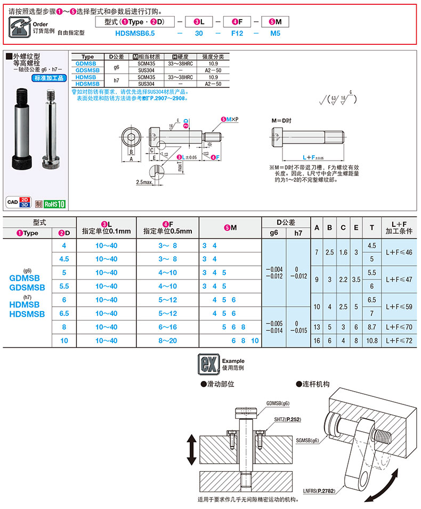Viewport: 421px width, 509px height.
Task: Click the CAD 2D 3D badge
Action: coord(19,202)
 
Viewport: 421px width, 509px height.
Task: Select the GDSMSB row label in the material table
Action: coord(87,70)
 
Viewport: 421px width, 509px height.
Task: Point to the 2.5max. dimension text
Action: coord(144,182)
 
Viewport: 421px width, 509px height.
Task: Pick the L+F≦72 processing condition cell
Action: coord(401,340)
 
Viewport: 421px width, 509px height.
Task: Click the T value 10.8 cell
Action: coord(371,340)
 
